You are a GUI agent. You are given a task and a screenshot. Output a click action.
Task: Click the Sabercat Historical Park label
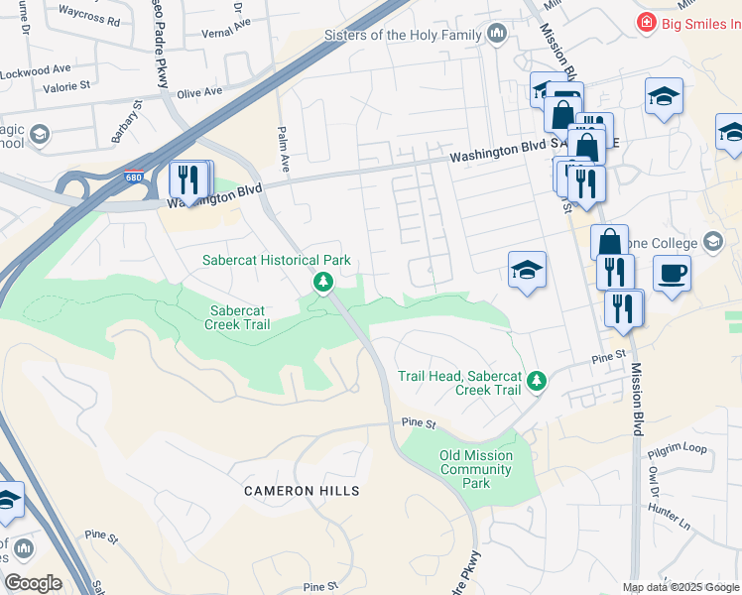[277, 260]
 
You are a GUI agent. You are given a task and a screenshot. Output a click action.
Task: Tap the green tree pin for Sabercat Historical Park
[322, 284]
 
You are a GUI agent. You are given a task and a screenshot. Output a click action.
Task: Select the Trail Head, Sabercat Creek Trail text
[459, 383]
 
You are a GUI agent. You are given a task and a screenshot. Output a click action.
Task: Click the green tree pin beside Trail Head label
[537, 381]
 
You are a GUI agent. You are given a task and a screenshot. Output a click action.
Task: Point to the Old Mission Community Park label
[477, 469]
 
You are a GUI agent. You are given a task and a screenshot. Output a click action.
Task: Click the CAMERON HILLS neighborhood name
[303, 491]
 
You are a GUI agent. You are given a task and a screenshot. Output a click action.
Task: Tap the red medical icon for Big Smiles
[647, 22]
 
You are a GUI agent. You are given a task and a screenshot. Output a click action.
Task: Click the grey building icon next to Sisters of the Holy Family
[497, 36]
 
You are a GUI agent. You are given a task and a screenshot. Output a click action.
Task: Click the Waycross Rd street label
[89, 20]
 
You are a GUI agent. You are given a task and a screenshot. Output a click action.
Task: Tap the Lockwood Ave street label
[36, 70]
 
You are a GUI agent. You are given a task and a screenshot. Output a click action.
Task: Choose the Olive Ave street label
[198, 92]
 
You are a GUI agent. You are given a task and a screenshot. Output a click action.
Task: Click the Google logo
[32, 583]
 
